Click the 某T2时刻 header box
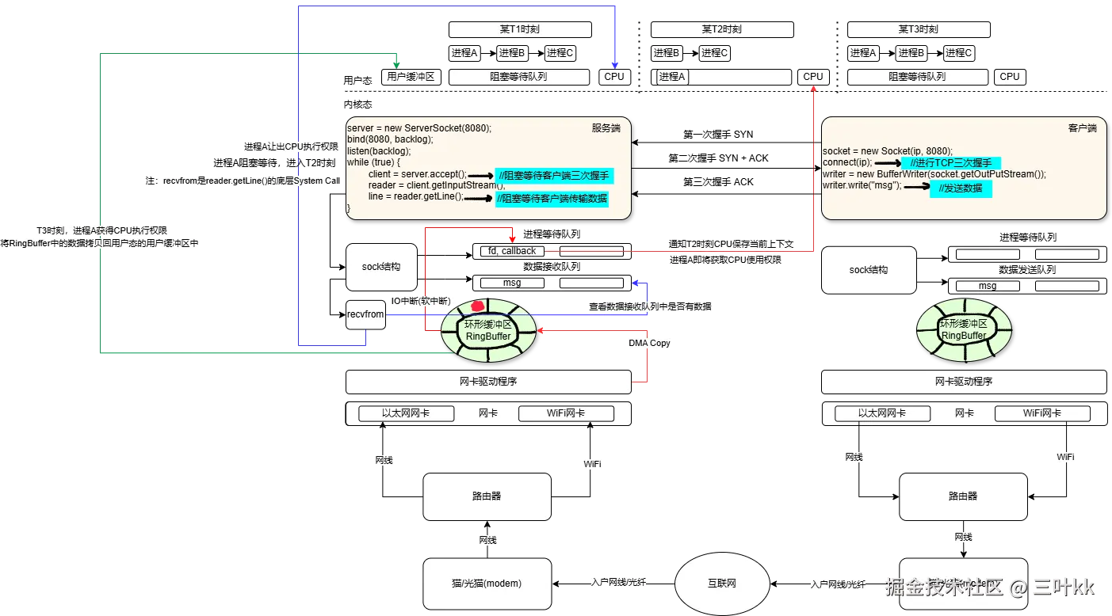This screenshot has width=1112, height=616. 721,29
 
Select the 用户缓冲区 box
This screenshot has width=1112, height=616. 410,77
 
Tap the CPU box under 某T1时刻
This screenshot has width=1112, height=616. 614,77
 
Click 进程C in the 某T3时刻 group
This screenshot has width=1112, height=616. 958,53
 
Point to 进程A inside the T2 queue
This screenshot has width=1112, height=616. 672,77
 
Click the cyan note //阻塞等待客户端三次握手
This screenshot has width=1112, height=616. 552,176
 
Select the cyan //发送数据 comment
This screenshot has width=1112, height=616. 961,188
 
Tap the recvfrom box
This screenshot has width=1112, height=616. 365,314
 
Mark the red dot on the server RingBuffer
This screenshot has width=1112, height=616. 478,306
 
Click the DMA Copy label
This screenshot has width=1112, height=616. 649,343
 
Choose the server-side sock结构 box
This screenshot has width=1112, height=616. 381,267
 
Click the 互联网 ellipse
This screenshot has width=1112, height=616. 721,584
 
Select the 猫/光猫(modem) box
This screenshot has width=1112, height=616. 487,584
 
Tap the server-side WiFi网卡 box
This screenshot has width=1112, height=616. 566,413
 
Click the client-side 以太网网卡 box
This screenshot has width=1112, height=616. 882,413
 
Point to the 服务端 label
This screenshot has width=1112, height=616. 606,127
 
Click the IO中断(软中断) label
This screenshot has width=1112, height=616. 419,300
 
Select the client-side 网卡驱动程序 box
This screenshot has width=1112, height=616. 963,381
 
